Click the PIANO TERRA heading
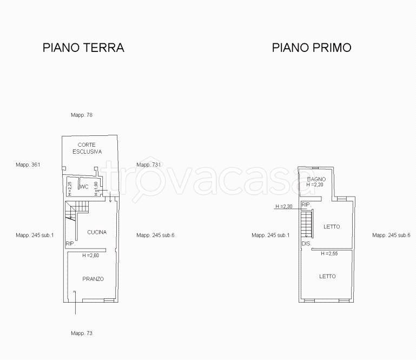click(x=83, y=48)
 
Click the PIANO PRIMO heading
click(x=312, y=48)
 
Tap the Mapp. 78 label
click(x=82, y=115)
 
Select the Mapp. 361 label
click(x=28, y=165)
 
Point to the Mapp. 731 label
click(x=149, y=165)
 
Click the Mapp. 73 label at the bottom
click(x=82, y=333)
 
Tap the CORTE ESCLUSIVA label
click(x=87, y=148)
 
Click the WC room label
click(x=84, y=187)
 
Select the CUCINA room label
click(x=97, y=232)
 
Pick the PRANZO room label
click(x=93, y=279)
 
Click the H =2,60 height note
click(x=91, y=256)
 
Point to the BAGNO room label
click(x=316, y=179)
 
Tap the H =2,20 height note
click(x=315, y=185)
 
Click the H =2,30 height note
click(x=284, y=206)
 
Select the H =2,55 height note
click(x=329, y=253)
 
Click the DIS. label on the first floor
click(x=306, y=244)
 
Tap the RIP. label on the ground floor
click(x=70, y=244)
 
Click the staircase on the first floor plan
click(x=307, y=223)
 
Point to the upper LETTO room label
click(x=332, y=226)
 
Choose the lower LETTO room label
click(x=327, y=277)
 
